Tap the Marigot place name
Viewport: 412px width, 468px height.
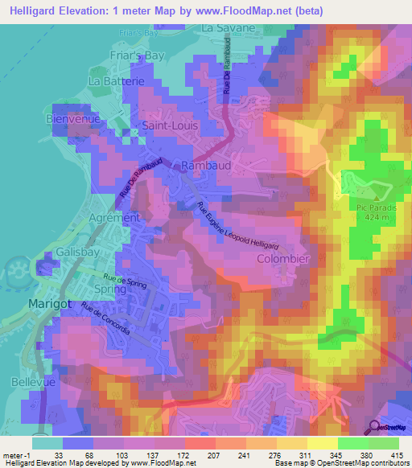(x=50, y=303)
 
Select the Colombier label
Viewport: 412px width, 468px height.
(x=282, y=260)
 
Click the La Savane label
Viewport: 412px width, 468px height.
(x=229, y=27)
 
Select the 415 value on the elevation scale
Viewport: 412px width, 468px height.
(x=396, y=455)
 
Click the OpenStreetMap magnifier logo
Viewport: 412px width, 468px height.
(x=375, y=427)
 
